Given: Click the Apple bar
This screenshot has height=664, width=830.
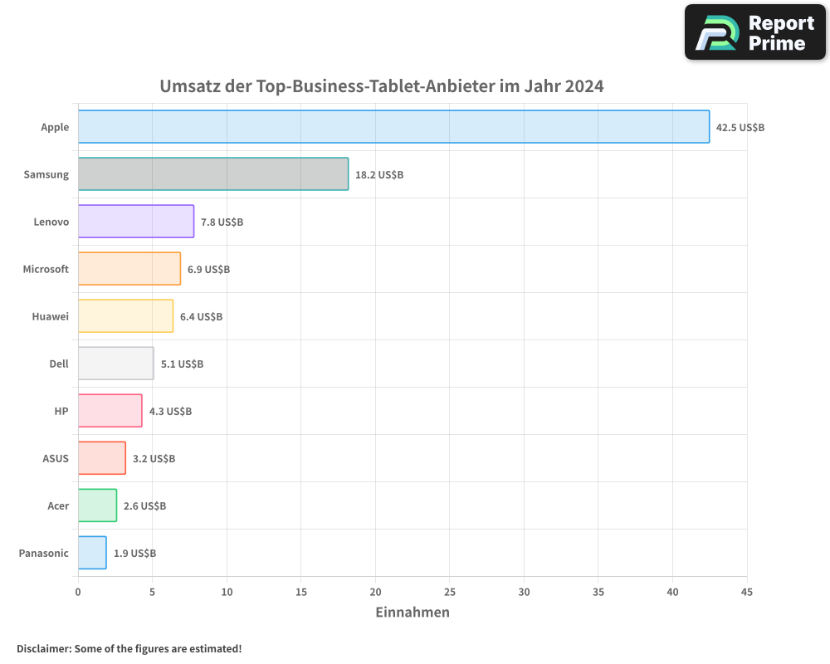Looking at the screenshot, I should pos(393,127).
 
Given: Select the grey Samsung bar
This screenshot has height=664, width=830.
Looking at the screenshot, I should pos(213,174).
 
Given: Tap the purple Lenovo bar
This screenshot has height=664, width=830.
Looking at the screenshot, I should pos(136,222).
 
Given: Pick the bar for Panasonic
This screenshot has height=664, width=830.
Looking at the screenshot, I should pos(92,553).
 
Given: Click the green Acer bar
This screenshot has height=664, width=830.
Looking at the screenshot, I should pos(97,505).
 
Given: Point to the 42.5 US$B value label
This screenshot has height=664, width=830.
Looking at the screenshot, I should pos(740,128).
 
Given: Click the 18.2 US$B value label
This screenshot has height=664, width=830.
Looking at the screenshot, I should pos(379,175).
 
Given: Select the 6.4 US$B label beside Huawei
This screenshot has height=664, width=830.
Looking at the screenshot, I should pos(202,317).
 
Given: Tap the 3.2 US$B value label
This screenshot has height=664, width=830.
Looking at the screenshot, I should pos(154,459).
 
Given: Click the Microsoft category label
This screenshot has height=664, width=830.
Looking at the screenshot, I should pos(46,269).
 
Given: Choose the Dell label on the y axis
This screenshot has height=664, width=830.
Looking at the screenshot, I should pos(59,364).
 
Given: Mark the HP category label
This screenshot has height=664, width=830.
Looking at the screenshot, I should pos(61,411).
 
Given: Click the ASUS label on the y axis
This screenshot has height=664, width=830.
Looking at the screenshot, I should pos(56,458).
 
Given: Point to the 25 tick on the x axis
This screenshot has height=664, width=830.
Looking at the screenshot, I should pos(450,593).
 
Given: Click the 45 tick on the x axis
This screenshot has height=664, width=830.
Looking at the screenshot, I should pos(747,593).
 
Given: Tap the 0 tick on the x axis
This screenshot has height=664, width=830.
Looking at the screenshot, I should pos(78,593).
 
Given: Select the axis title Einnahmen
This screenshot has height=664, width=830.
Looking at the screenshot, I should pos(413,613).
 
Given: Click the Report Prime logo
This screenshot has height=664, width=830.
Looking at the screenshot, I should pos(754,32).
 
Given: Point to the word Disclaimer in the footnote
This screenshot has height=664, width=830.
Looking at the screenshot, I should pos(42,649).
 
